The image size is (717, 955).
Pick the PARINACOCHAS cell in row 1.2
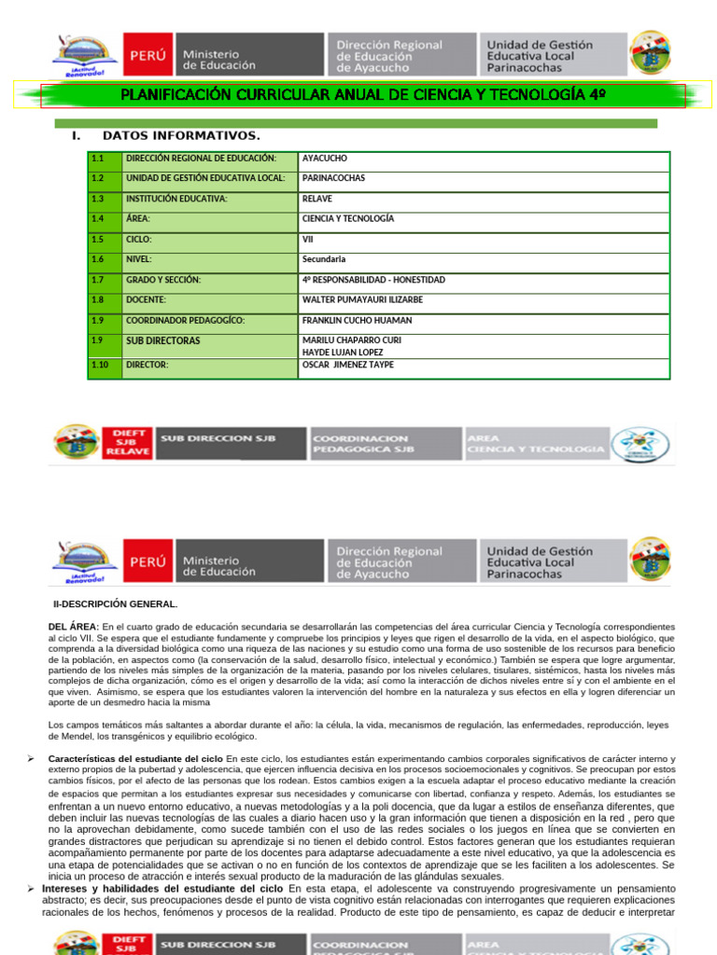tap(333, 178)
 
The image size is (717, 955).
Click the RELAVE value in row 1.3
tap(316, 199)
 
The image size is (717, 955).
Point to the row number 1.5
tap(98, 239)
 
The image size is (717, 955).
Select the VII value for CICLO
tap(308, 239)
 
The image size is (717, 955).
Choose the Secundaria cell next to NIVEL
tap(323, 259)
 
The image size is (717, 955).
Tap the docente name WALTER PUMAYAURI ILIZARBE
tap(362, 300)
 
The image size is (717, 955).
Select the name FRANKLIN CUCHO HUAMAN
tap(357, 321)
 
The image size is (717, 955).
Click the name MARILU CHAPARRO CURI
tap(352, 340)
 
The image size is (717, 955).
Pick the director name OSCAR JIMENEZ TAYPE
tap(348, 365)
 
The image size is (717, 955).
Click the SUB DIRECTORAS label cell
tap(162, 341)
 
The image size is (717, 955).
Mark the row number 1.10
tap(100, 365)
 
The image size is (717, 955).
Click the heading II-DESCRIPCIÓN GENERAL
tap(114, 603)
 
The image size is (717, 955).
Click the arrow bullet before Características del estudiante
tap(31, 759)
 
